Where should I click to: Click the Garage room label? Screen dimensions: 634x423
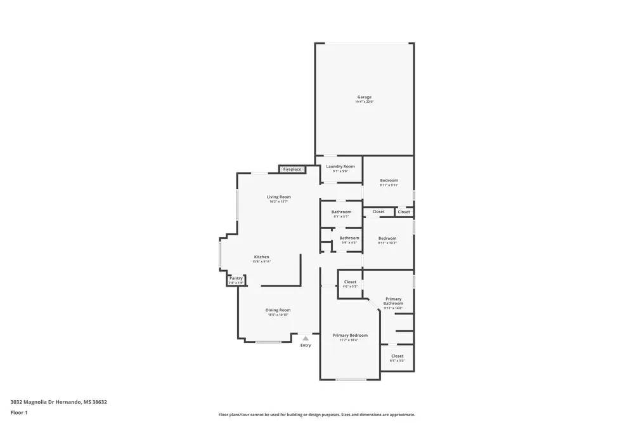(x=364, y=97)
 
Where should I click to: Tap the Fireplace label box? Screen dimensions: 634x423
(x=292, y=169)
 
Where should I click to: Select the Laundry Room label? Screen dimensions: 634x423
(x=340, y=166)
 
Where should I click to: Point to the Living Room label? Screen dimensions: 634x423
(x=278, y=197)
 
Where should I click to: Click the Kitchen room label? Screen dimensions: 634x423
(x=262, y=257)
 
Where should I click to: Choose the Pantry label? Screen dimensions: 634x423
(x=236, y=278)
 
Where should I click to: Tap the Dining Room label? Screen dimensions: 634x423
(x=278, y=310)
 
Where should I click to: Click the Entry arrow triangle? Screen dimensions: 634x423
(x=306, y=339)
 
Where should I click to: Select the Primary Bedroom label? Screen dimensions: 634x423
(x=350, y=335)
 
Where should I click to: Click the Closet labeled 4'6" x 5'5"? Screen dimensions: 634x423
(x=350, y=282)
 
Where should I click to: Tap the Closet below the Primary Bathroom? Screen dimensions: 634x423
(x=397, y=356)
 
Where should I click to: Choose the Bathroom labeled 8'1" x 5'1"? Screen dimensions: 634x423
(x=341, y=212)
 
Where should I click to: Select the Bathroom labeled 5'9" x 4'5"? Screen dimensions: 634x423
(x=349, y=238)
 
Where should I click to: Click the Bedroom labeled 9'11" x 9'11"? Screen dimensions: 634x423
(x=389, y=180)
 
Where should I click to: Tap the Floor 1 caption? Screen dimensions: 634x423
(x=19, y=412)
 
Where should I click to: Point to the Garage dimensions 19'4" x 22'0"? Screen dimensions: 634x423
(x=364, y=102)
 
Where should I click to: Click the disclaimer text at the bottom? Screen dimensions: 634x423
(x=317, y=415)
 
